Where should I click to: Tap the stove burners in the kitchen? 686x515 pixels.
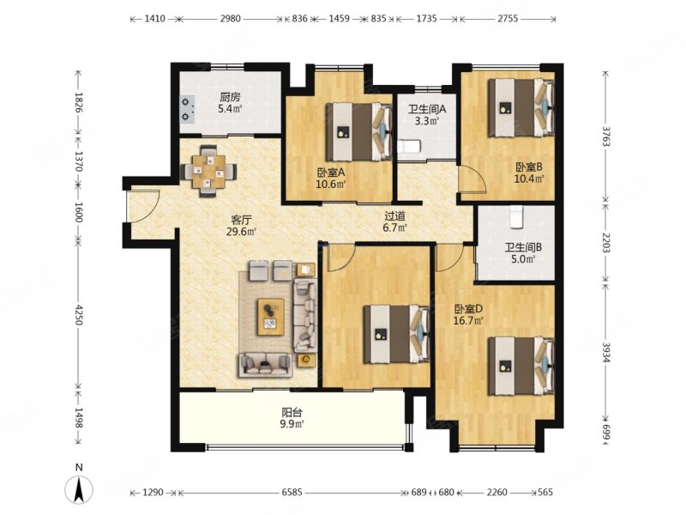pyautogui.click(x=187, y=109)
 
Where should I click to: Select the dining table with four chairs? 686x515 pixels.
pyautogui.click(x=208, y=171)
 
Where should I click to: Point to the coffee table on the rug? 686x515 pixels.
pyautogui.click(x=271, y=317)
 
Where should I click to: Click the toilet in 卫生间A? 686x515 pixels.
pyautogui.click(x=409, y=146)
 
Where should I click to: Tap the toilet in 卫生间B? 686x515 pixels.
pyautogui.click(x=517, y=217)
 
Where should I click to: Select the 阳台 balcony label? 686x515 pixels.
pyautogui.click(x=292, y=412)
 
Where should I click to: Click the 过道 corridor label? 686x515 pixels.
pyautogui.click(x=395, y=216)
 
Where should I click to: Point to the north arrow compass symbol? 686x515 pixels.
pyautogui.click(x=79, y=486)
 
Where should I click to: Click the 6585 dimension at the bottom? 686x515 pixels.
pyautogui.click(x=292, y=492)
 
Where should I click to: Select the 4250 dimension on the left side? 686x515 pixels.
pyautogui.click(x=79, y=314)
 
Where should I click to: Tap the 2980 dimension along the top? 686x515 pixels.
pyautogui.click(x=230, y=18)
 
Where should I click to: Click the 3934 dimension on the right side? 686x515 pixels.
pyautogui.click(x=606, y=351)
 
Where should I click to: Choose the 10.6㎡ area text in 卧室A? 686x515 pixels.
pyautogui.click(x=331, y=184)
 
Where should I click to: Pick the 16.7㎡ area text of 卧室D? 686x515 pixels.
pyautogui.click(x=468, y=320)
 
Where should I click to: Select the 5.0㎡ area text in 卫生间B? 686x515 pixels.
pyautogui.click(x=523, y=259)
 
